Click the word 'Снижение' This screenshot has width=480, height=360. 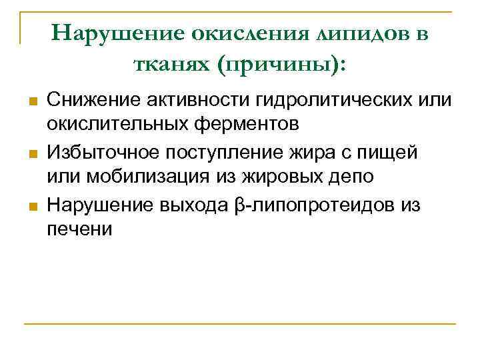(x=84, y=100)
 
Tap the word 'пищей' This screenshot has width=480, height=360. (x=389, y=152)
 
